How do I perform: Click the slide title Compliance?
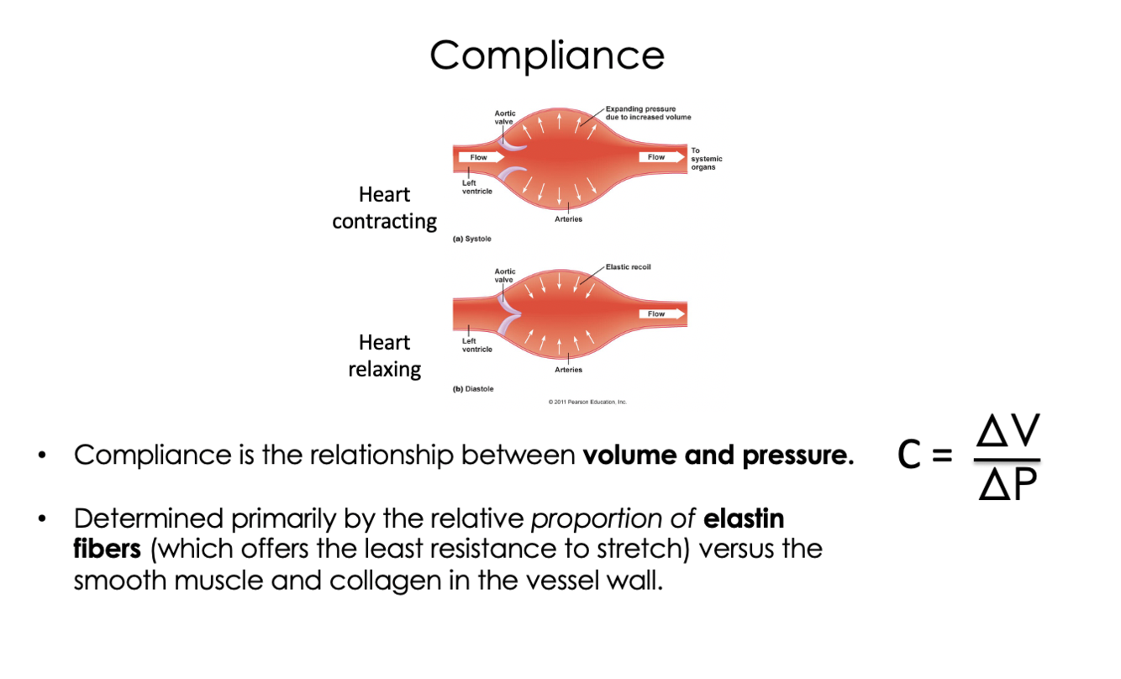click(x=547, y=55)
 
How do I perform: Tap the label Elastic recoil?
click(x=628, y=267)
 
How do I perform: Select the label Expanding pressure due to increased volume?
click(x=648, y=113)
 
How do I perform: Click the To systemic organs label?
click(x=706, y=159)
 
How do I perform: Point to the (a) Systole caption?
click(x=472, y=239)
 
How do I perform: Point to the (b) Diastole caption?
click(x=473, y=389)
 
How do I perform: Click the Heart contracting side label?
click(x=384, y=208)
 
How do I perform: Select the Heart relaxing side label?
click(x=384, y=355)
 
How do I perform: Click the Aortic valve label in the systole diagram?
click(x=505, y=117)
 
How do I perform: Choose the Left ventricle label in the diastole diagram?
click(x=476, y=345)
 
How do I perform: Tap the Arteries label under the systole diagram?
click(x=568, y=219)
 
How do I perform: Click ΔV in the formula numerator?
click(x=1008, y=434)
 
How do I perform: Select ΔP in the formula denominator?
click(x=1008, y=484)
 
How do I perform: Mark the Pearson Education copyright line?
click(x=587, y=402)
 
